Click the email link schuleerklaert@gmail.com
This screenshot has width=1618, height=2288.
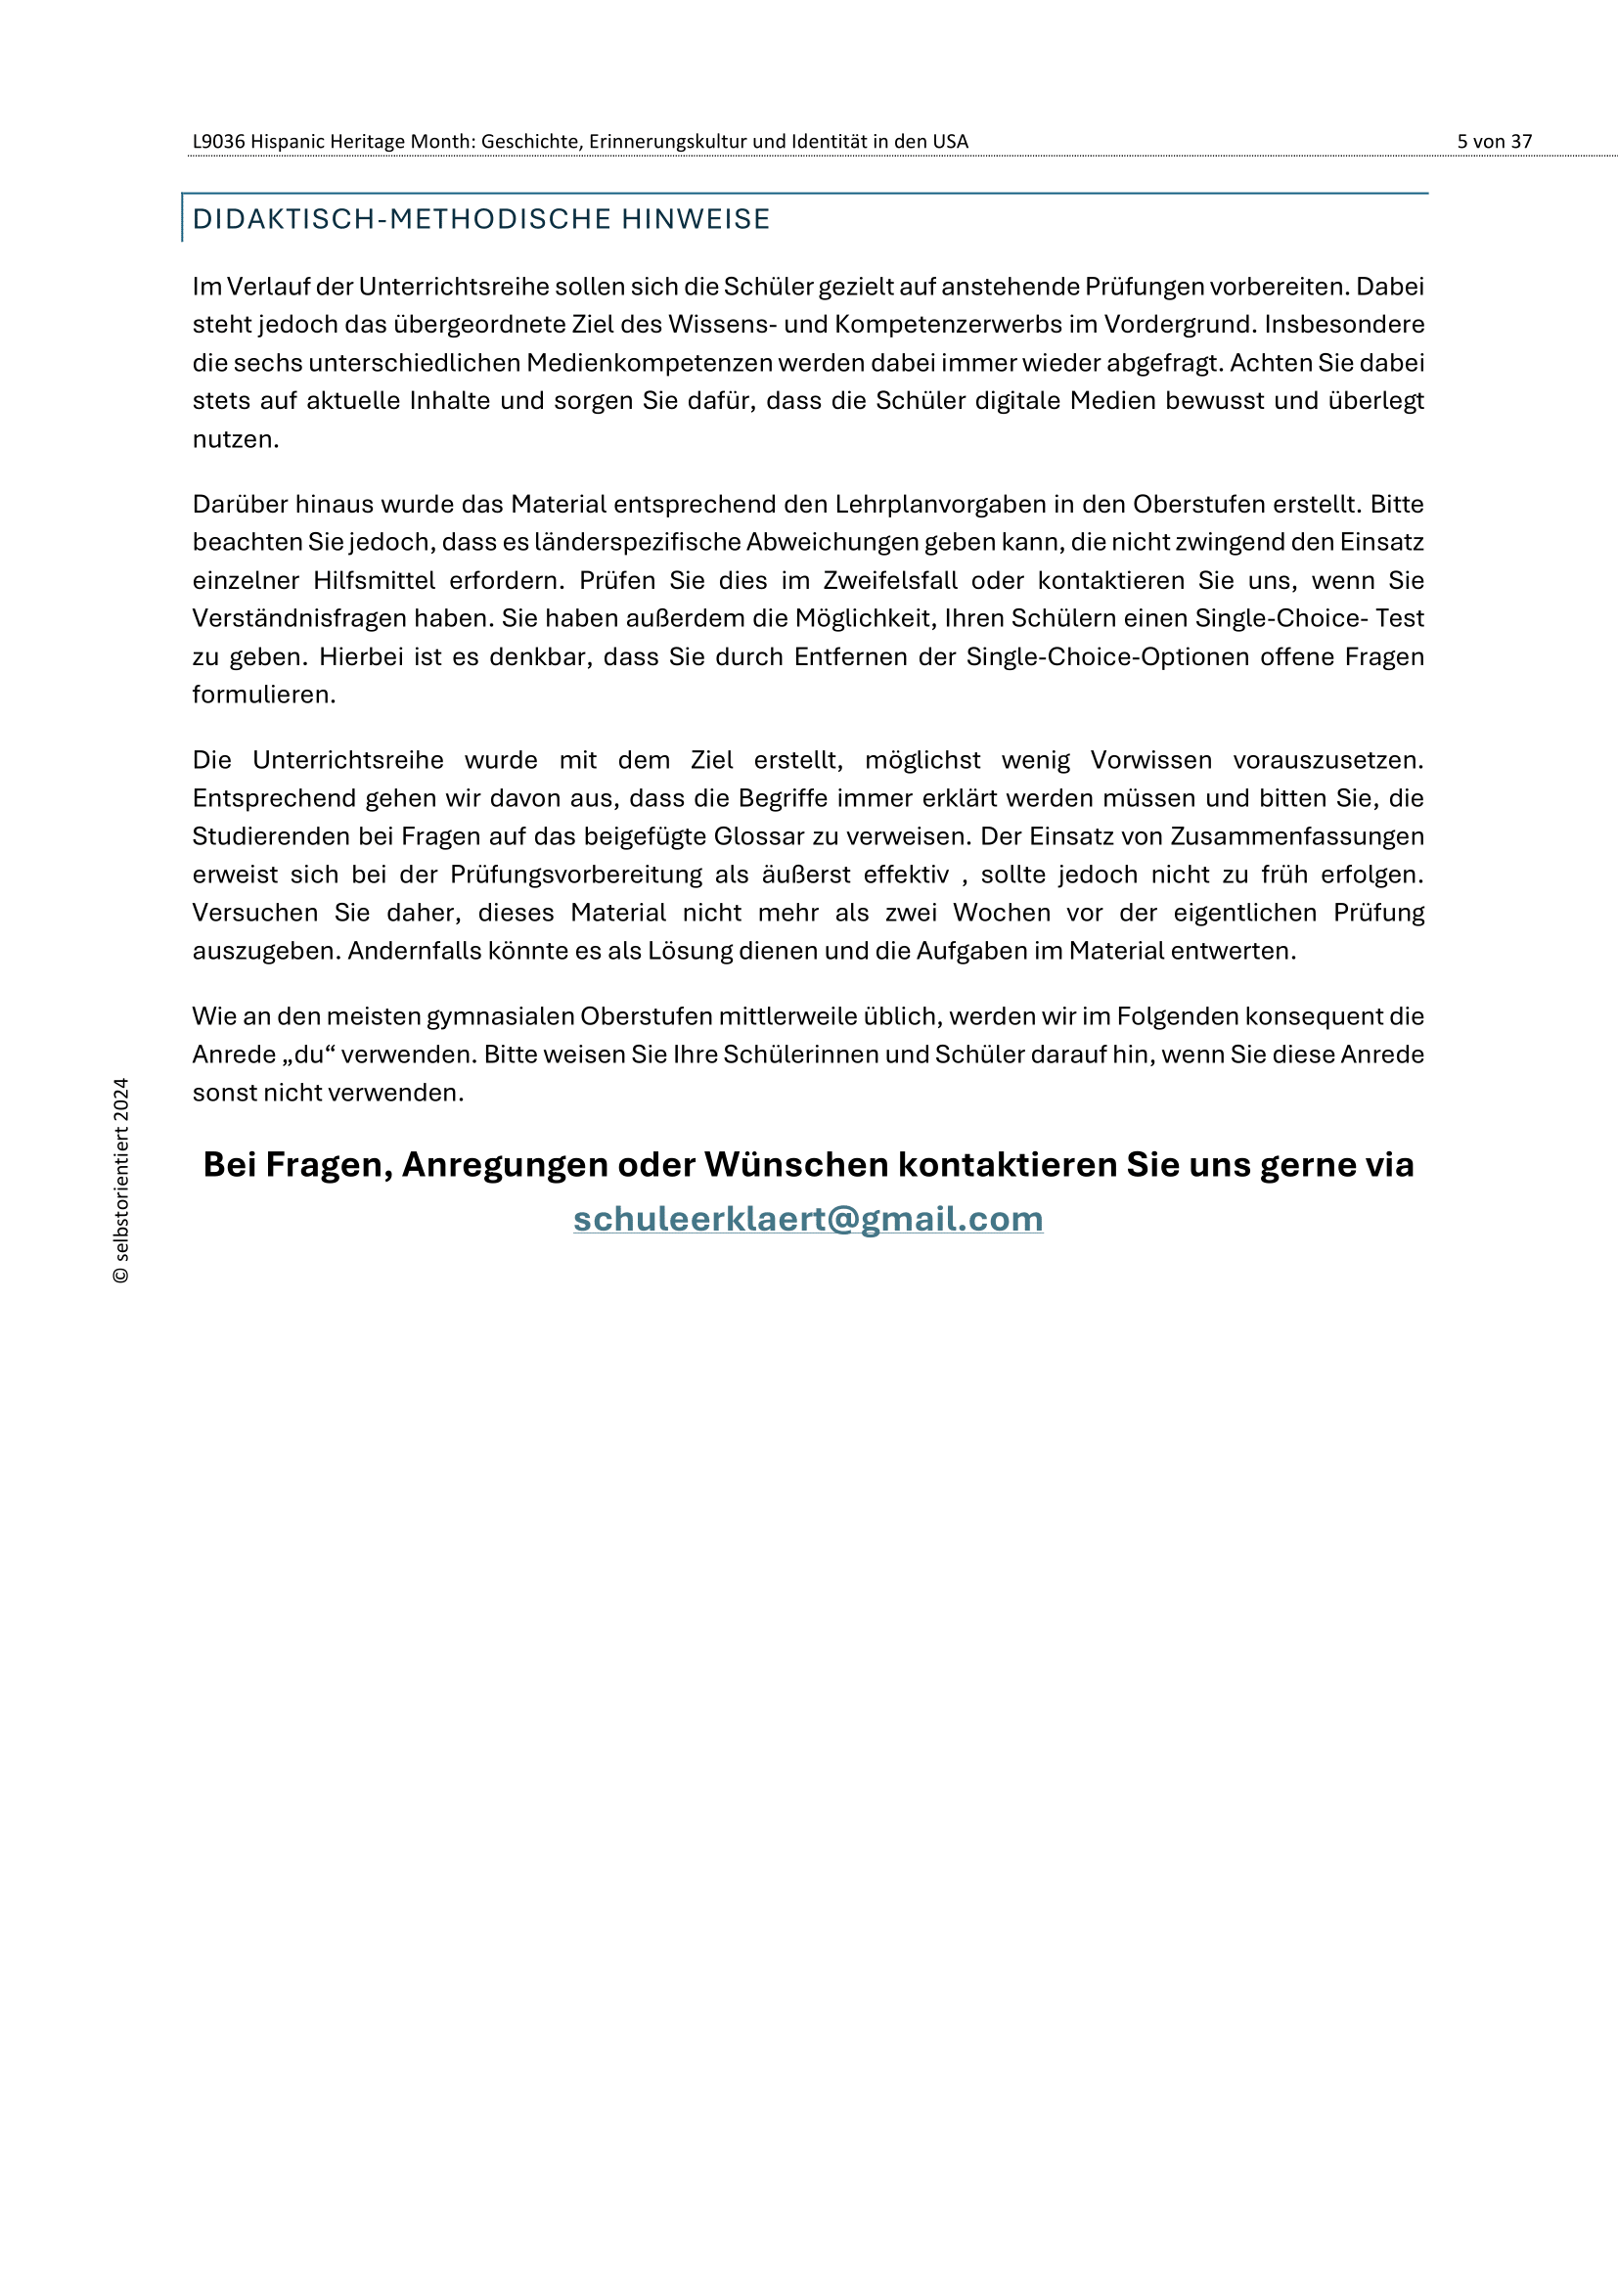[808, 1219]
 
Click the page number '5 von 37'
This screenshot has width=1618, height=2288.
[1494, 142]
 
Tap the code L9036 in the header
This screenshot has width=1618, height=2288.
[218, 142]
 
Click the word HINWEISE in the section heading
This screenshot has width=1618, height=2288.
[696, 219]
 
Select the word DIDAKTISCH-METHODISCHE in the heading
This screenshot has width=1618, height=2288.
[401, 219]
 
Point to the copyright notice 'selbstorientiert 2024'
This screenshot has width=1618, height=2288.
[120, 1181]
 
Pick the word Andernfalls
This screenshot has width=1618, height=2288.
[409, 951]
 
